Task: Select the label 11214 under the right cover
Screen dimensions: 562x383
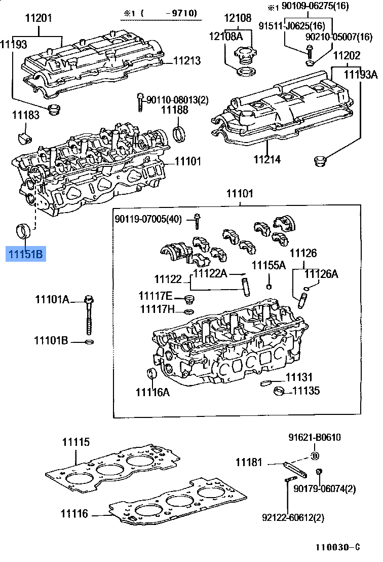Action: pyautogui.click(x=267, y=159)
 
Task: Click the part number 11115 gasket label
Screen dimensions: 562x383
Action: pyautogui.click(x=76, y=442)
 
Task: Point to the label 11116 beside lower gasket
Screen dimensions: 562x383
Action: pyautogui.click(x=75, y=514)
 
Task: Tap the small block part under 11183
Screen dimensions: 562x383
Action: pyautogui.click(x=24, y=137)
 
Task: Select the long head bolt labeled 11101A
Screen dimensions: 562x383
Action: pyautogui.click(x=90, y=314)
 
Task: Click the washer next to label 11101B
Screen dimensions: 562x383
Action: pyautogui.click(x=89, y=341)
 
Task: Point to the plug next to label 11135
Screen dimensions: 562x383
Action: pyautogui.click(x=278, y=391)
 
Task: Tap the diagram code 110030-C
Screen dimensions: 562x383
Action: pyautogui.click(x=337, y=547)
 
